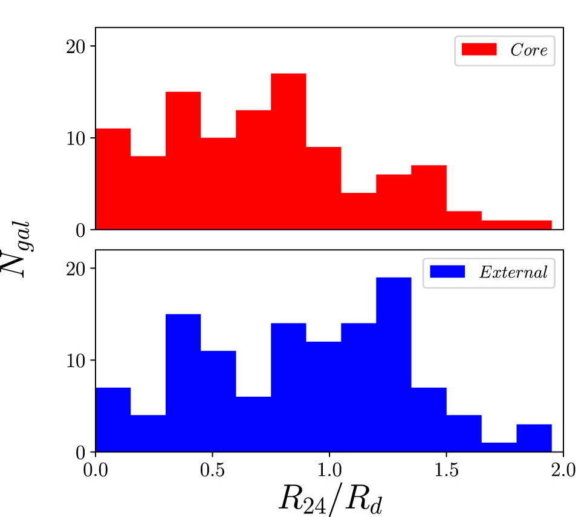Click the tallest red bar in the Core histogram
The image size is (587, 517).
pos(288,151)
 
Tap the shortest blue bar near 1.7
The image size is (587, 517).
pos(499,447)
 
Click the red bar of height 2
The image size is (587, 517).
pos(464,220)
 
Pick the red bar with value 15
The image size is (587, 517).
pos(183,160)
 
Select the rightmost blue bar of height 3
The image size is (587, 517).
pos(534,438)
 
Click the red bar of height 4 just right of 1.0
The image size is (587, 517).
pos(358,211)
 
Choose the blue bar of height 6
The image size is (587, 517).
pos(253,424)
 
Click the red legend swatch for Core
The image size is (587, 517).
pos(479,50)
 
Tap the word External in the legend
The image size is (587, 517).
pos(513,272)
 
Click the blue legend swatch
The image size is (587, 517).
pos(447,272)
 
